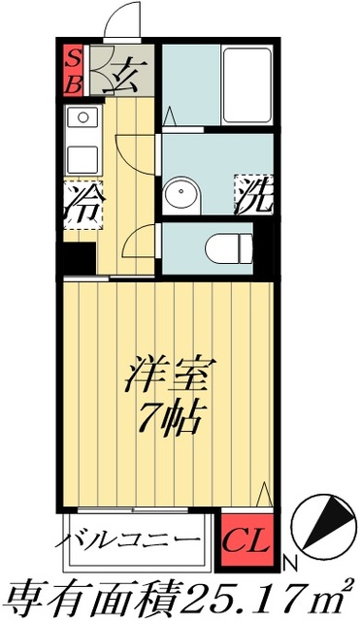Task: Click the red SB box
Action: tap(73, 70)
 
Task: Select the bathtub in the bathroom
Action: tap(246, 85)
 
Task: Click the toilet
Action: tap(227, 246)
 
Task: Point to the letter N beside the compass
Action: tap(289, 562)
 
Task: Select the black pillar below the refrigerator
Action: tap(79, 259)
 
